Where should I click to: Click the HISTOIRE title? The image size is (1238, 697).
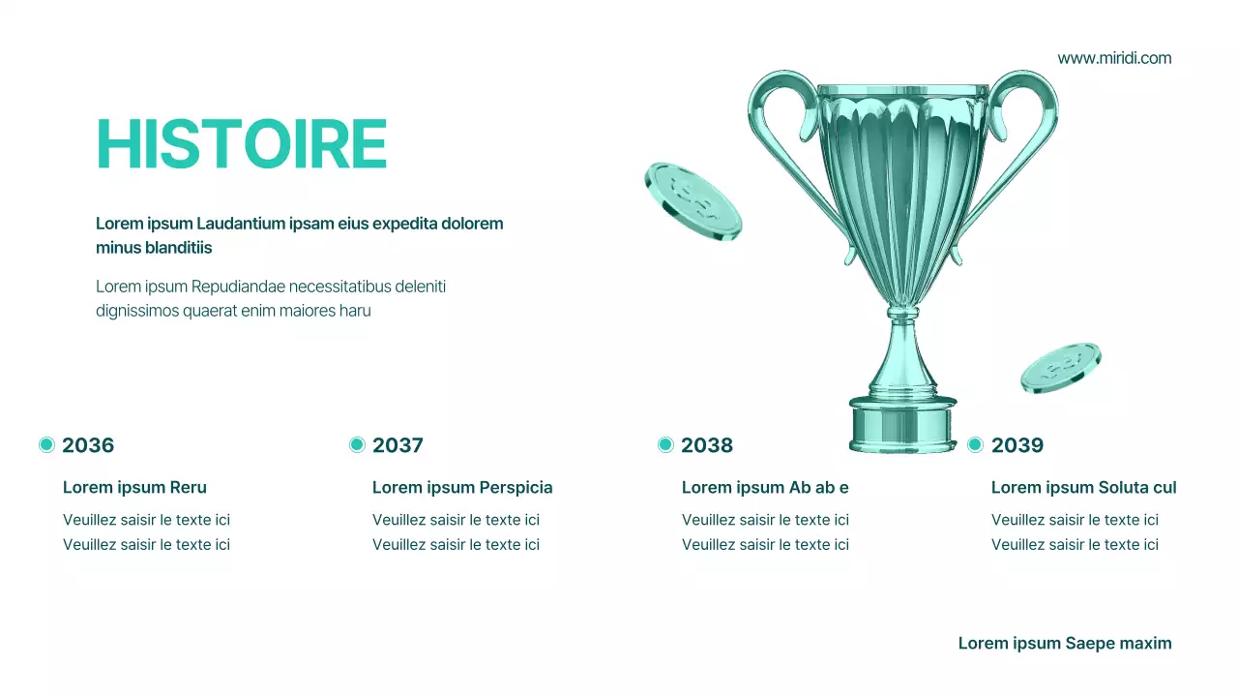click(x=242, y=145)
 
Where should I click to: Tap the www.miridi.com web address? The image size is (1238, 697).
click(x=1114, y=58)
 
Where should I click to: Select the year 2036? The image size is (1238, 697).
click(x=88, y=445)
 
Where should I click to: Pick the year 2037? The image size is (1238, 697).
click(x=398, y=445)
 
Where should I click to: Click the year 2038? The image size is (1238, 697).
click(x=707, y=445)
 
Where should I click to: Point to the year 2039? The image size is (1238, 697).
click(x=1017, y=445)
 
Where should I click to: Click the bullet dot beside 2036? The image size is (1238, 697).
click(x=46, y=444)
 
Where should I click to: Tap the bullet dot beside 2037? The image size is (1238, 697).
click(x=357, y=444)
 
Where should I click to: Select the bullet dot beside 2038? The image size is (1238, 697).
click(x=665, y=444)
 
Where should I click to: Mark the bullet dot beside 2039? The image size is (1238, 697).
click(x=975, y=444)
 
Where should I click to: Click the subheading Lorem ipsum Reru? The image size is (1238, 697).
click(x=134, y=487)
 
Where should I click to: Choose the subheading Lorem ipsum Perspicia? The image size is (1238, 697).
click(x=462, y=487)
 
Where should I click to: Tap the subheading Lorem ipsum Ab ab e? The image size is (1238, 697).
click(x=765, y=487)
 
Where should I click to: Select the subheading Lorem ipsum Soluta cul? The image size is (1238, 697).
click(x=1083, y=487)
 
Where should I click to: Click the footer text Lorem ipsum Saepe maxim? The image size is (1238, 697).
click(x=1065, y=643)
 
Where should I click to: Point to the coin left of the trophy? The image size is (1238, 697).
click(x=693, y=200)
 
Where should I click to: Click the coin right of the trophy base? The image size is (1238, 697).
click(x=1061, y=367)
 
